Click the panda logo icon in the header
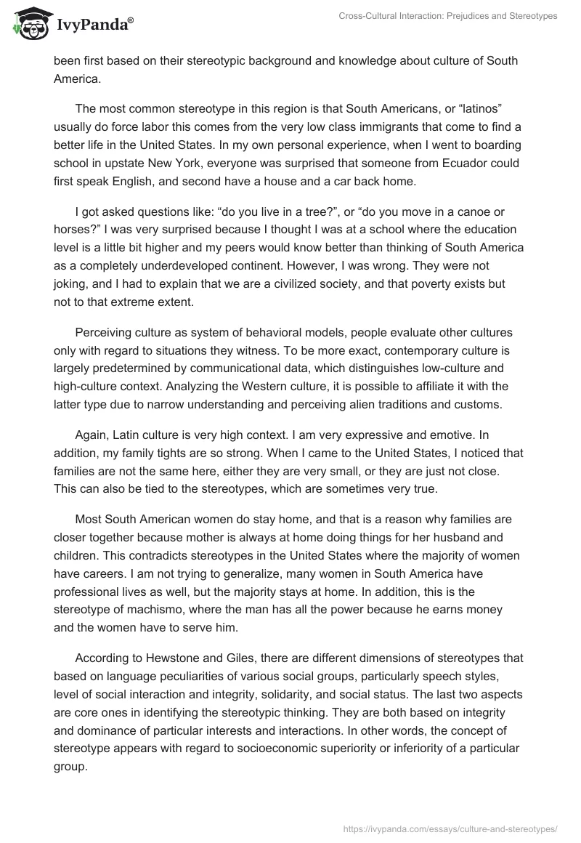click(x=27, y=23)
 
